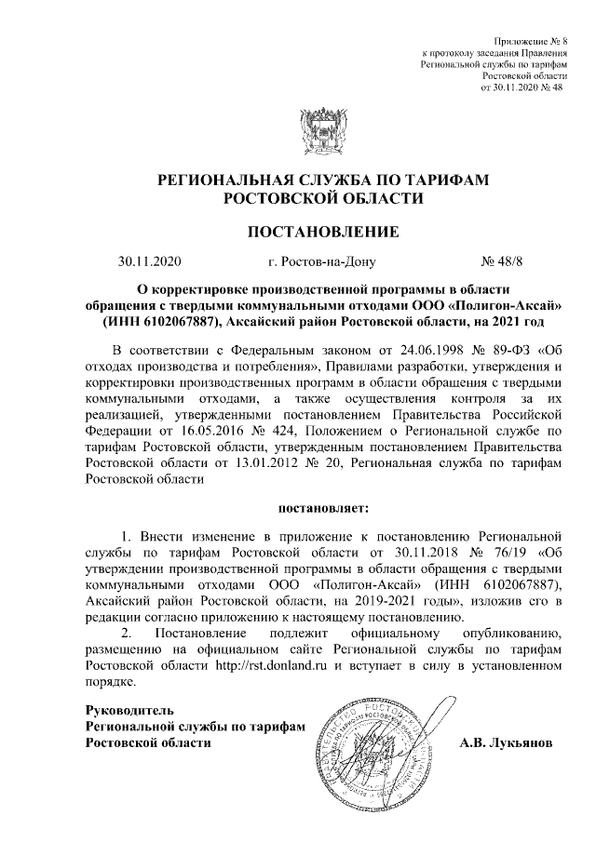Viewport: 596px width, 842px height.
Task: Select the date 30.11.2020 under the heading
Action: pos(148,263)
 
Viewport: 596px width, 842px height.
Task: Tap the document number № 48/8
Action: pos(501,263)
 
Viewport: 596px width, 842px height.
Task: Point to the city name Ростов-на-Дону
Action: pos(320,263)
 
